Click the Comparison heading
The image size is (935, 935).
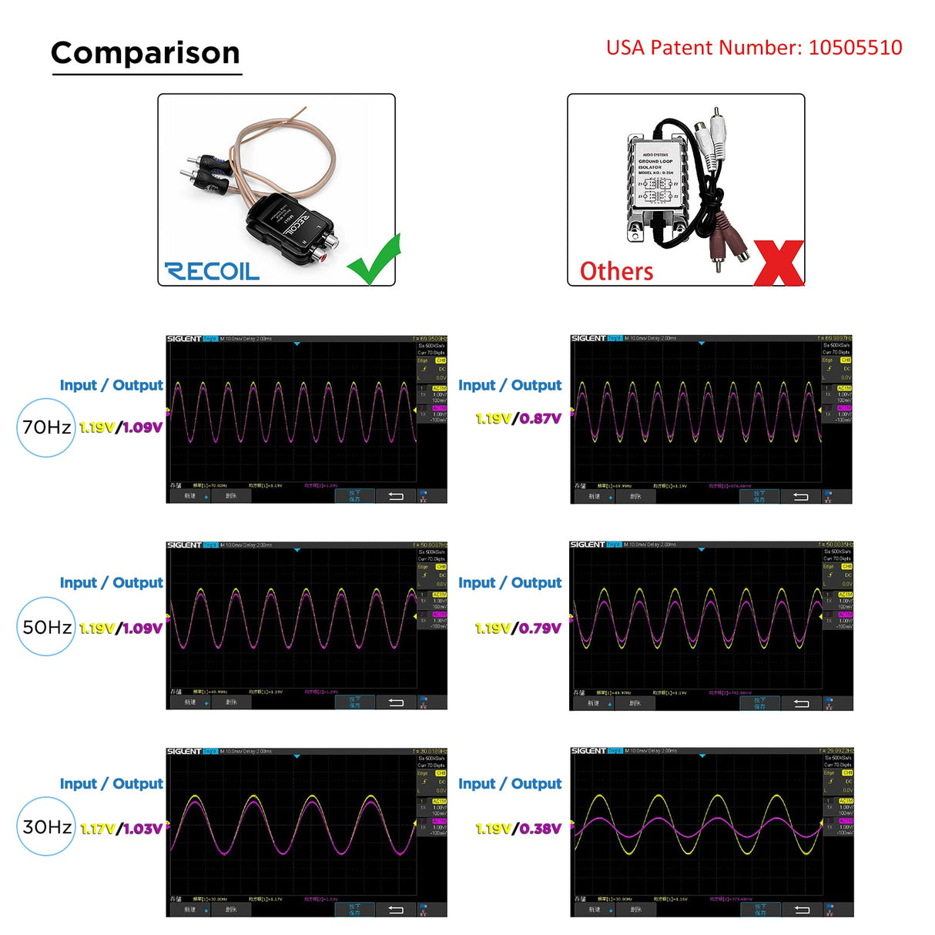pos(146,53)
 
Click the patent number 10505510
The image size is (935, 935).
pos(855,48)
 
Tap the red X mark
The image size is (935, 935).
pos(779,263)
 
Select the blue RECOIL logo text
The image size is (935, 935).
pos(212,271)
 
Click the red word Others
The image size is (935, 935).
pos(616,272)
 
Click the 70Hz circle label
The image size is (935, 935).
pos(46,427)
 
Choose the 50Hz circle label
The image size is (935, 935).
pos(46,627)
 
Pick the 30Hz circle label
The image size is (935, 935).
pos(46,827)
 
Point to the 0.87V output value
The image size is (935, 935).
pos(541,419)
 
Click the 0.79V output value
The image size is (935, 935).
pos(541,628)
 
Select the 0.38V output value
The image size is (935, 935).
pos(541,829)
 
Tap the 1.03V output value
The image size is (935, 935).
pos(143,829)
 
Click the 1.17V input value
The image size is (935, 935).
pos(98,829)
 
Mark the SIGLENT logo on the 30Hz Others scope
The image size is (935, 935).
pos(588,751)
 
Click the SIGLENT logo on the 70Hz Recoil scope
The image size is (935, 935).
pos(184,339)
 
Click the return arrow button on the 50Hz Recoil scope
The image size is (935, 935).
pos(396,702)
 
